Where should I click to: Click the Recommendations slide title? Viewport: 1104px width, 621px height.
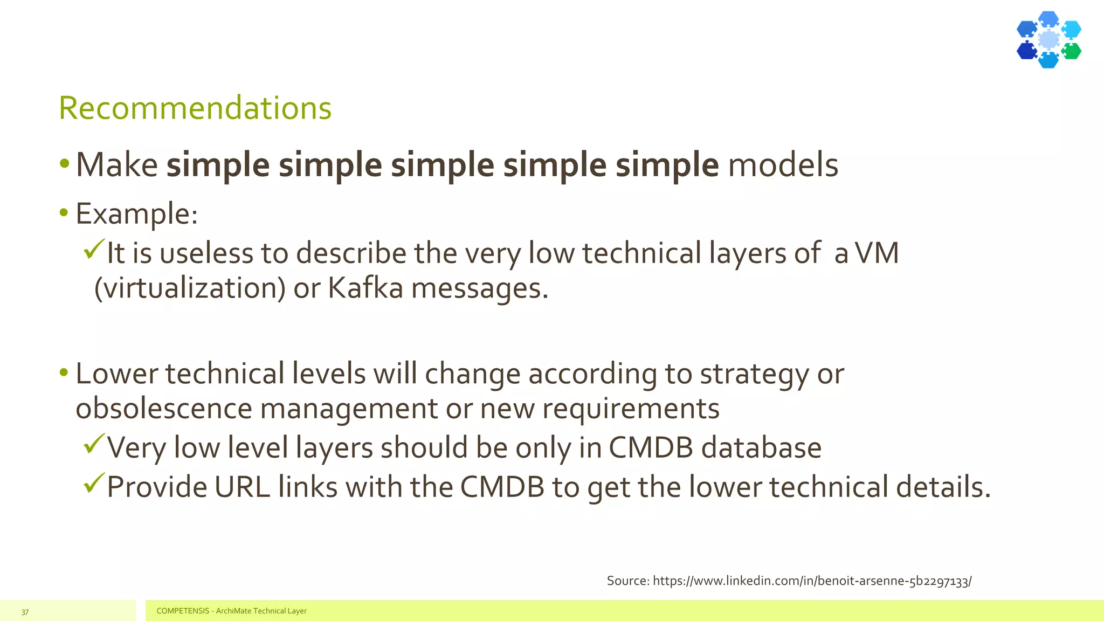tap(195, 108)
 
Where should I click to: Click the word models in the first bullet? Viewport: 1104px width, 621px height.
tap(783, 164)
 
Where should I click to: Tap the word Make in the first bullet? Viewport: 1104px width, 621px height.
tap(116, 164)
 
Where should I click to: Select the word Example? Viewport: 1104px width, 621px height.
tap(136, 214)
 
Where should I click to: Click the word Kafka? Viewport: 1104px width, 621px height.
tap(365, 288)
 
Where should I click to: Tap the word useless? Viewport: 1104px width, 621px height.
tap(206, 253)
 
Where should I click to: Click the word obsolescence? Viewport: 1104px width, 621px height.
tap(163, 408)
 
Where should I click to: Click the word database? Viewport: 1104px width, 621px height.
tap(761, 448)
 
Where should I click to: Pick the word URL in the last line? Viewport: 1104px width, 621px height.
tap(241, 487)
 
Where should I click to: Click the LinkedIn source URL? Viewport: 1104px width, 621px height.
tap(812, 581)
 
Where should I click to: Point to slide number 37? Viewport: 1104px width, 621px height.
tap(25, 612)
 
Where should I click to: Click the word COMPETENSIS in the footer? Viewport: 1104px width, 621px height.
tap(183, 611)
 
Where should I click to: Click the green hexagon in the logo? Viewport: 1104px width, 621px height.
tap(1071, 51)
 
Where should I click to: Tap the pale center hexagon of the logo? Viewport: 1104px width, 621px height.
tap(1048, 39)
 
